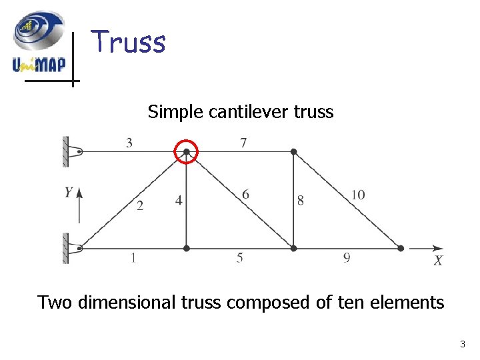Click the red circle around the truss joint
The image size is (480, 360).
coord(187,152)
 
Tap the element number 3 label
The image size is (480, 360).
coord(128,141)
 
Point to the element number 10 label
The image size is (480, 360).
coord(358,195)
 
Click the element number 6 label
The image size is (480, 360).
coord(246,194)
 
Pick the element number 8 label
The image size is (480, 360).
coord(301,200)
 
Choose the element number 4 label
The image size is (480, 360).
coord(179,200)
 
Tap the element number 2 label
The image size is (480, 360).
coord(140,206)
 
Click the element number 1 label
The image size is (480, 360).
coord(134,259)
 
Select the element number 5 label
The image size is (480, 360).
coord(239,259)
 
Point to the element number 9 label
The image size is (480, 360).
coord(347,259)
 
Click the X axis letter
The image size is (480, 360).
coord(438,261)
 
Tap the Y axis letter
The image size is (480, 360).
coord(69,193)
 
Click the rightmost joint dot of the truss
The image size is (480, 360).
coord(401,248)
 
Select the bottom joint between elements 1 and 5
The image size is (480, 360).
coord(187,248)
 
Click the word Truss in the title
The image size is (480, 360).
coord(128,42)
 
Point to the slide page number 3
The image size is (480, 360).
coord(463,345)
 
